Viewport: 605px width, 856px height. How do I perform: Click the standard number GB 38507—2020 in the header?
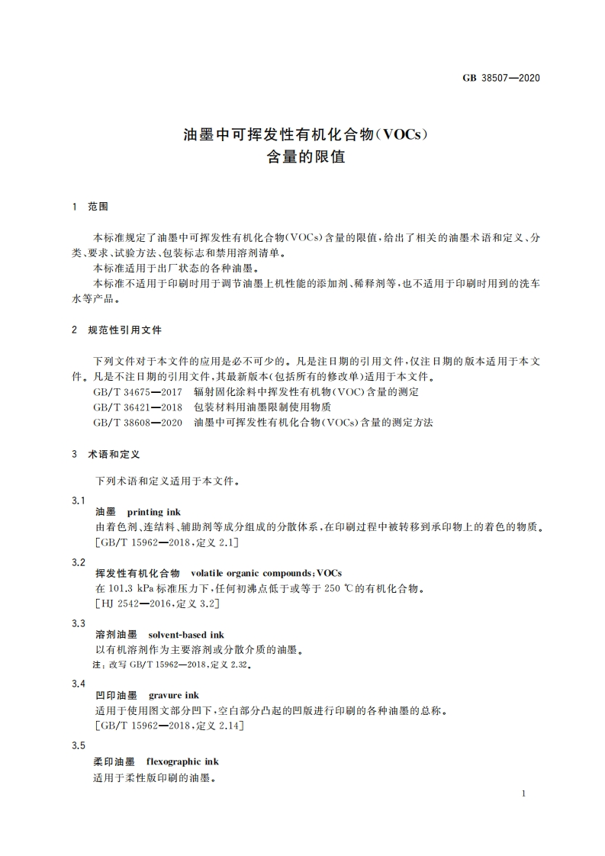[x=501, y=77]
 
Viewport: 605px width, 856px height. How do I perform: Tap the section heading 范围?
[x=99, y=207]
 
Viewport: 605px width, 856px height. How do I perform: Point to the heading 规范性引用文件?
[x=125, y=330]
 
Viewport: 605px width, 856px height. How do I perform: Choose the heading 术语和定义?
[x=114, y=454]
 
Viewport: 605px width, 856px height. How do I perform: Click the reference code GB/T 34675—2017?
[x=137, y=391]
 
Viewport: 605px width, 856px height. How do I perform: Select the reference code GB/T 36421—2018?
[x=137, y=407]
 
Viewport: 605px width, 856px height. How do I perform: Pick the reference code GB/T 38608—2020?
[x=137, y=422]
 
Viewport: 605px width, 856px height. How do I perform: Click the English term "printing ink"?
[x=153, y=512]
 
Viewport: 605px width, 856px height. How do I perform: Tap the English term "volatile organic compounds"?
[x=251, y=573]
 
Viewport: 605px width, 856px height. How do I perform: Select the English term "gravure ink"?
[x=174, y=696]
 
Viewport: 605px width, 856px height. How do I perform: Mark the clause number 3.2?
[x=78, y=562]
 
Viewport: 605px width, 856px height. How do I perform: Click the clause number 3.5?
[x=78, y=745]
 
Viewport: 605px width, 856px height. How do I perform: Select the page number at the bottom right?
[x=523, y=794]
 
